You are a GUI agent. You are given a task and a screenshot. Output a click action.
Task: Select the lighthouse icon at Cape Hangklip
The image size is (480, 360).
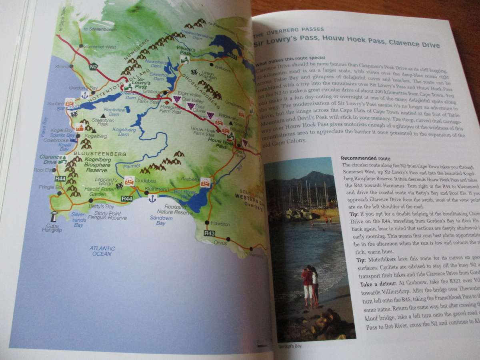pos(53,216)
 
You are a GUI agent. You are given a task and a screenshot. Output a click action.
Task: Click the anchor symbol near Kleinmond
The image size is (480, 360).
pos(152,198)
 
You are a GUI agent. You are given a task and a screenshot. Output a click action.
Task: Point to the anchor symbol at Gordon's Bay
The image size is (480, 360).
pos(84,95)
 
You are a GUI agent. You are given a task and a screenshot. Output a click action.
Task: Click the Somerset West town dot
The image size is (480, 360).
pos(81,46)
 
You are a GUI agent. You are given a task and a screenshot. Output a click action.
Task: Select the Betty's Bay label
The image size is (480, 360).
pos(104,206)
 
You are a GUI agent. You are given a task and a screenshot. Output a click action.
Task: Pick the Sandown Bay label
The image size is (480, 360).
pos(161,220)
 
